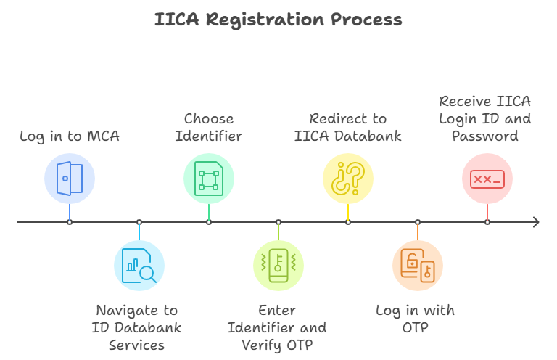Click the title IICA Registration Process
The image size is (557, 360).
click(278, 20)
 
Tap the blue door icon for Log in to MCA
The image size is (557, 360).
click(70, 179)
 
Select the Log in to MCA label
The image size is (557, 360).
click(70, 136)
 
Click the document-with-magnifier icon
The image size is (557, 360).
click(139, 266)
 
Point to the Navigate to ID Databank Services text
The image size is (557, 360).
click(139, 327)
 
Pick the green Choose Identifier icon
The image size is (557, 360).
click(209, 179)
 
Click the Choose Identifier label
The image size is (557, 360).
click(209, 126)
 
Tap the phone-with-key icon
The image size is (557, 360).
click(278, 266)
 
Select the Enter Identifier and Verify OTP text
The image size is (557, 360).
click(278, 327)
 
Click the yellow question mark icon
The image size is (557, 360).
click(348, 179)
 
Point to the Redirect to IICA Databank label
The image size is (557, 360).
click(348, 126)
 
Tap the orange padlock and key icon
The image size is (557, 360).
click(418, 266)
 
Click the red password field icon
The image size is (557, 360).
click(487, 179)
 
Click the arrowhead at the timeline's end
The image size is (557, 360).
click(535, 222)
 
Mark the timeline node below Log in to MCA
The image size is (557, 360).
click(70, 222)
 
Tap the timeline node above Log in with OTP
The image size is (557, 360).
click(418, 222)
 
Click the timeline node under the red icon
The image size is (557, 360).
click(487, 222)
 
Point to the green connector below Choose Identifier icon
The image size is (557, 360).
click(209, 211)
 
